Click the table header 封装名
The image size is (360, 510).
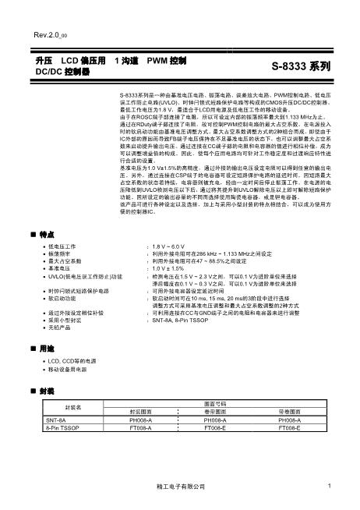coord(72,407)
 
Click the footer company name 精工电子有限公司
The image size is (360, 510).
coord(181,487)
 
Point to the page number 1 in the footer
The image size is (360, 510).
coord(330,487)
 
